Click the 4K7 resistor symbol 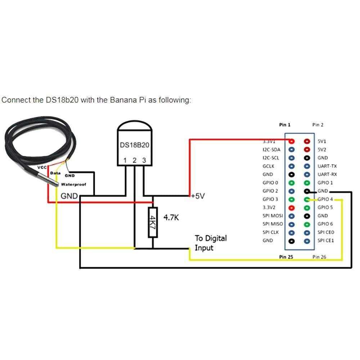tap(153, 222)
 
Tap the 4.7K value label tap(171, 217)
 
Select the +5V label tap(198, 196)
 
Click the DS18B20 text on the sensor tap(134, 145)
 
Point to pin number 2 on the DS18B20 tap(134, 160)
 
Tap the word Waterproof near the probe tap(73, 184)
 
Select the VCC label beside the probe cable tap(42, 168)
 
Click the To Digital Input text tap(211, 243)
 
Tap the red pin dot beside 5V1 tap(307, 141)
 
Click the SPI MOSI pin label tap(273, 216)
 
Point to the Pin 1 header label tap(284, 125)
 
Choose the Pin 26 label tap(319, 257)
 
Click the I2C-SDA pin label tap(271, 150)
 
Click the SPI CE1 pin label tap(326, 240)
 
